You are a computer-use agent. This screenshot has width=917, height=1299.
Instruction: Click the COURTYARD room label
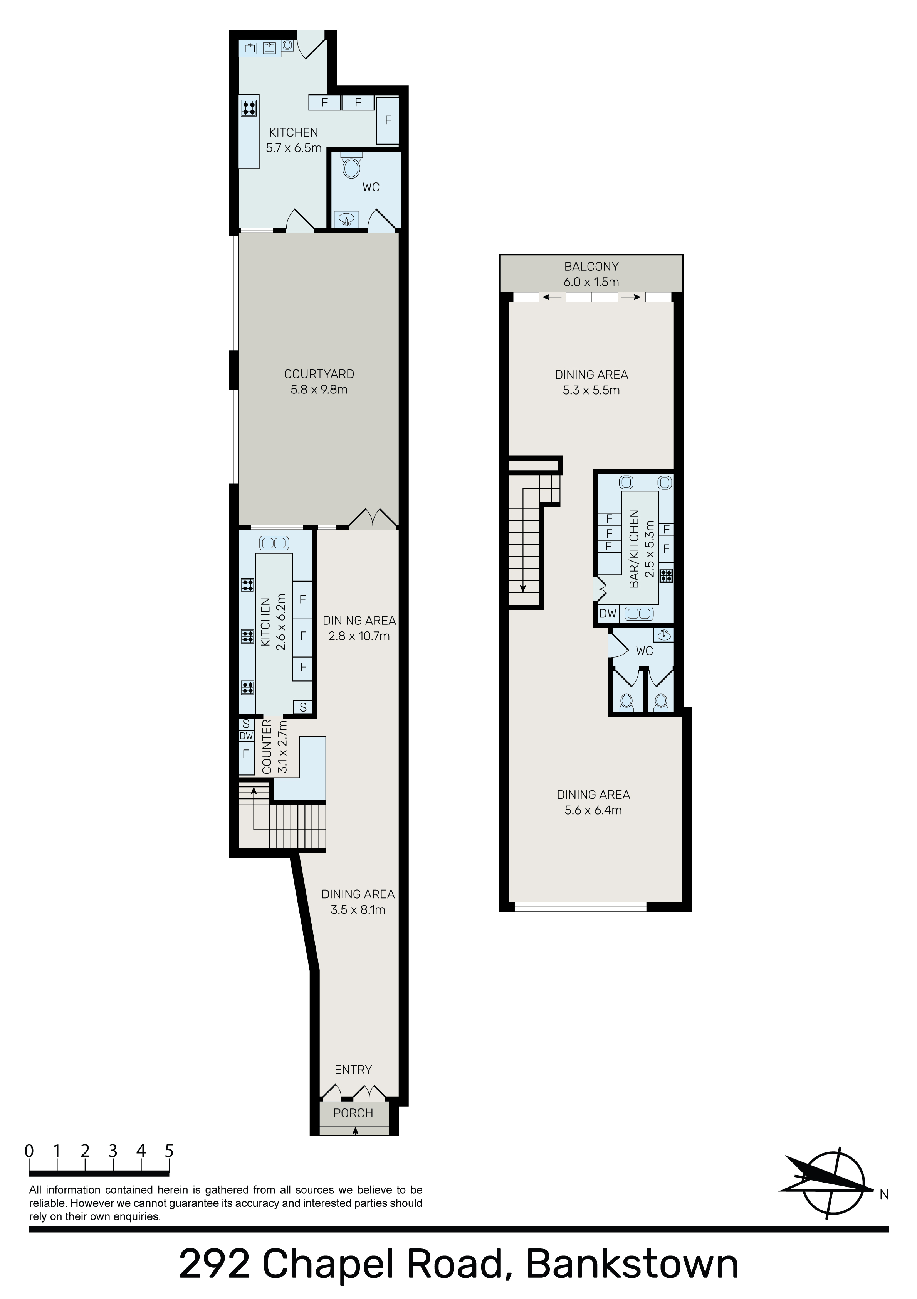[319, 374]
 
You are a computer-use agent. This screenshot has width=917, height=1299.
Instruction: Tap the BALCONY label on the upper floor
[591, 267]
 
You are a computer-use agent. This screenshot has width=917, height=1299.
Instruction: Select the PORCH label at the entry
[353, 1113]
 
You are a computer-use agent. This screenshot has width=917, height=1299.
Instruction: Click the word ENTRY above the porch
[353, 1070]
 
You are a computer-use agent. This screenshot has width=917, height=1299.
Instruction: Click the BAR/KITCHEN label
[634, 549]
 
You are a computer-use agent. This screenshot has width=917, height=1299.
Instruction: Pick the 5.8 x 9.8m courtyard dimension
[319, 390]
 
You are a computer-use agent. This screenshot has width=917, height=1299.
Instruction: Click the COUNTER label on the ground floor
[267, 747]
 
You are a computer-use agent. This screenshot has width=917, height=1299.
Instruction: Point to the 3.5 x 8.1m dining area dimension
[358, 910]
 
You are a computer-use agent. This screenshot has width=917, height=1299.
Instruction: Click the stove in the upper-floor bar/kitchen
[667, 575]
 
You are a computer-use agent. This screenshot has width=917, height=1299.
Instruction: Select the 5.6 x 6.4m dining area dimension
[593, 810]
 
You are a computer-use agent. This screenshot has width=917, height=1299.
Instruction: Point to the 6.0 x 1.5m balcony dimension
[591, 282]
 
